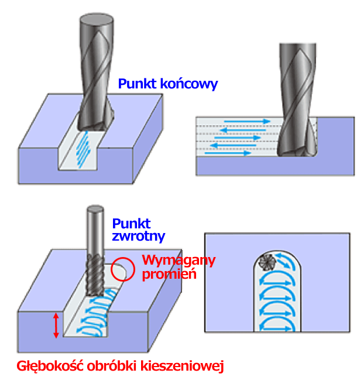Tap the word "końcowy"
point(187,84)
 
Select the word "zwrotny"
point(138,236)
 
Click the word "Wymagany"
point(179,260)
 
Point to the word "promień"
point(170,273)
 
